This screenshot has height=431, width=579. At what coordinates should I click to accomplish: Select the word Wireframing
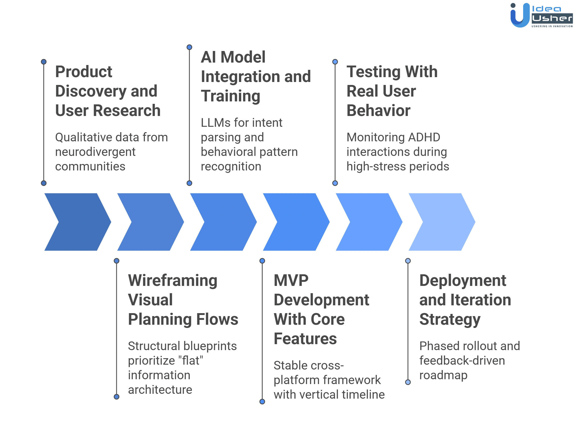pos(173,281)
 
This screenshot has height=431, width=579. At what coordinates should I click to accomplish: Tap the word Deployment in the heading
pos(462,281)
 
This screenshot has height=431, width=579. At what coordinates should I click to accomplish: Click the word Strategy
pos(449,320)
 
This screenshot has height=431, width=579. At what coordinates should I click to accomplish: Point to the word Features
pos(305,339)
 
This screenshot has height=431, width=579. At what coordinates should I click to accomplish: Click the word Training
pos(231,96)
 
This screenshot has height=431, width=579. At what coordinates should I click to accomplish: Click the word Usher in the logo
pos(552,19)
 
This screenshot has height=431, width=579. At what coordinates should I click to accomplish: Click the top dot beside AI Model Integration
pos(189,47)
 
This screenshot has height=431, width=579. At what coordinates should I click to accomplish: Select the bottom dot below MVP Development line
pos(262,402)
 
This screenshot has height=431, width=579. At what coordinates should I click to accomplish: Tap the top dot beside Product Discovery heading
pos(44,62)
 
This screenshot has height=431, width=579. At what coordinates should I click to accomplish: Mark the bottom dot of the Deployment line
pos(408,382)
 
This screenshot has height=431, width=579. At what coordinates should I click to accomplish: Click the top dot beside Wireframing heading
pos(117,261)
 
